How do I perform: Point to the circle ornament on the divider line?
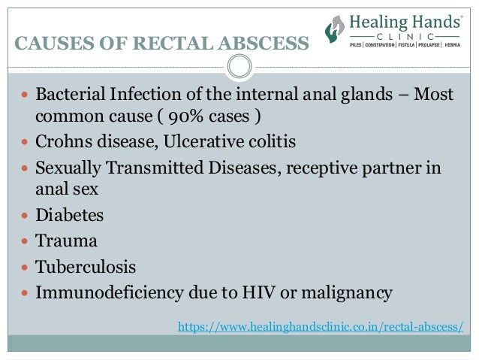[239, 68]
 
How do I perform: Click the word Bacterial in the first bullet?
[71, 96]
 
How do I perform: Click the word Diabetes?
[70, 216]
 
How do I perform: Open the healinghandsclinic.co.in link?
[320, 327]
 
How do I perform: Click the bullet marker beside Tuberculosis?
[25, 268]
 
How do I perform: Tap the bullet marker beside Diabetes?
[25, 216]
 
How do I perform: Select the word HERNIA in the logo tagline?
[452, 45]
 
